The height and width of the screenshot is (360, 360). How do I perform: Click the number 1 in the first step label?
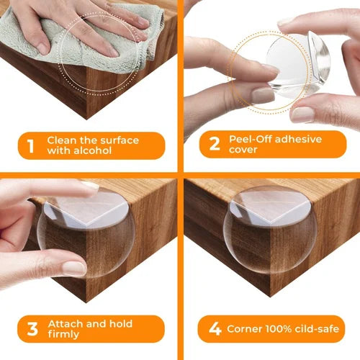(x=30, y=145)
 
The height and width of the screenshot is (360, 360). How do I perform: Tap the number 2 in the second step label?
(x=214, y=144)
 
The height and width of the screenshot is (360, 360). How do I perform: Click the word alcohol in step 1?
(x=96, y=151)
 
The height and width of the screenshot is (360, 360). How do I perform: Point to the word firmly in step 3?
(x=65, y=336)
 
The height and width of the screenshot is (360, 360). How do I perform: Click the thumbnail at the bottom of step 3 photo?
(x=73, y=268)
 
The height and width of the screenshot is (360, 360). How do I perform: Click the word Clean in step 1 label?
(x=62, y=139)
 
